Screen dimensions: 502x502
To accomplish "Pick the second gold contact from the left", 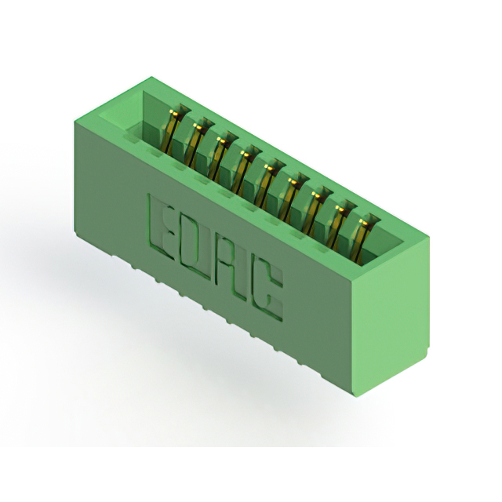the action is click(x=197, y=145).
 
